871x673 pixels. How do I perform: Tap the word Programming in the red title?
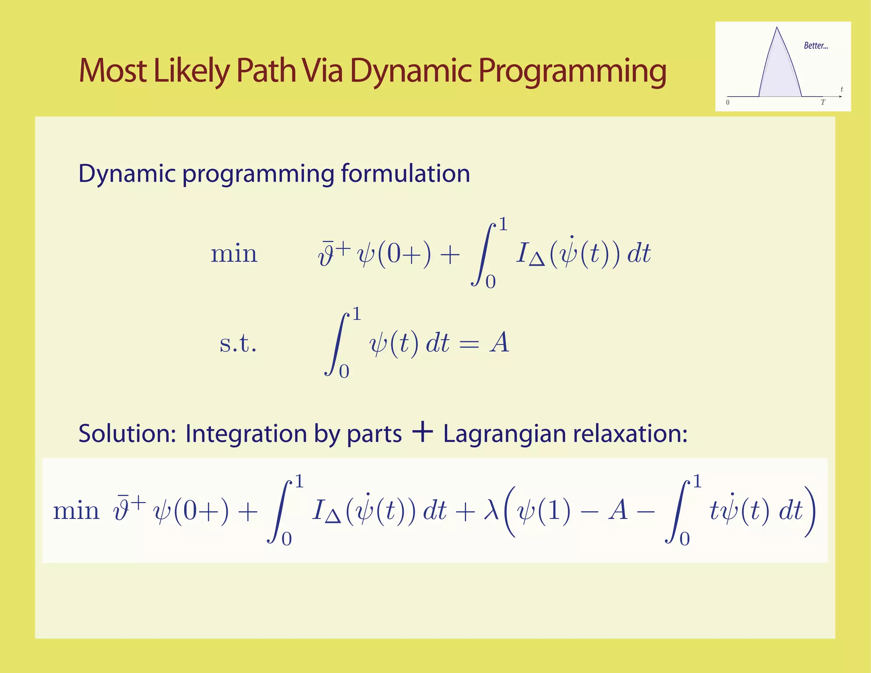click(572, 70)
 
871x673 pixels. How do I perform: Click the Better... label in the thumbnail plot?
click(816, 46)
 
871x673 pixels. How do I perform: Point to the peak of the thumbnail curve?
click(777, 29)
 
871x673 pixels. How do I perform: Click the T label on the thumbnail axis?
click(823, 103)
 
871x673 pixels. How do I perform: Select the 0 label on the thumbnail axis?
click(728, 103)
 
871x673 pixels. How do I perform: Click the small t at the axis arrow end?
click(842, 89)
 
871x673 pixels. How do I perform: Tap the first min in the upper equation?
click(234, 254)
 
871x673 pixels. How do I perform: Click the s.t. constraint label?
click(238, 344)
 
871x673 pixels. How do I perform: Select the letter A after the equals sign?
click(499, 343)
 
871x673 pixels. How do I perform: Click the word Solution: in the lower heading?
click(127, 434)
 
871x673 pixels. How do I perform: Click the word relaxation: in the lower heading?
click(630, 434)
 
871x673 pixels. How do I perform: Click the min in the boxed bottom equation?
click(76, 510)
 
